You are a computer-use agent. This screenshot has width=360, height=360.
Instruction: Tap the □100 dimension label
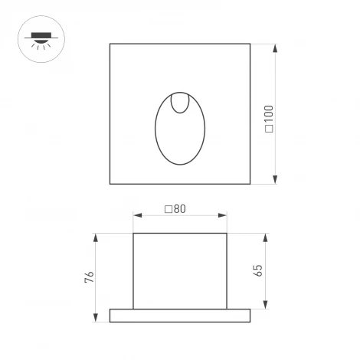coord(269,118)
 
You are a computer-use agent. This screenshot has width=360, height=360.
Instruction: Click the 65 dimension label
coord(257,270)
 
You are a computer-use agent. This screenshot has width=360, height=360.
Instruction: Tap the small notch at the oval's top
coord(180,103)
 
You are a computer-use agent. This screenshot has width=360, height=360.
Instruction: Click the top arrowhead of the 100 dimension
coord(275,48)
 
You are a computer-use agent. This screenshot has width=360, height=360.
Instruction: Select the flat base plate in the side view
coord(180,315)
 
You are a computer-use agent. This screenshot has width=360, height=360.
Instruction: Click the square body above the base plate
coord(180,270)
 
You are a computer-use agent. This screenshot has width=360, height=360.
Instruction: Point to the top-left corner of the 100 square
coord(110,44)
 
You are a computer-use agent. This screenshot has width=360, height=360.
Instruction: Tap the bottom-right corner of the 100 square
coord(250,184)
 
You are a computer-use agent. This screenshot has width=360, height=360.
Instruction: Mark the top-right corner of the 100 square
coord(250,44)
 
